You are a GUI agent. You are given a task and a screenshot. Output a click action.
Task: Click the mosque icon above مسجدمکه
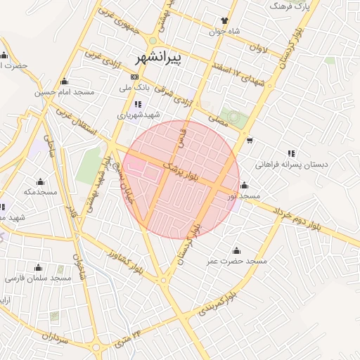tap(39, 181)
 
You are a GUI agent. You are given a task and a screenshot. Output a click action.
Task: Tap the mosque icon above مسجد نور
tap(244, 186)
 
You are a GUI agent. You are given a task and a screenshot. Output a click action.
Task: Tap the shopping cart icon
tap(250, 140)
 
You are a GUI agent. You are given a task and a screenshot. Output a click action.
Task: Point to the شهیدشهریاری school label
tap(139, 114)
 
